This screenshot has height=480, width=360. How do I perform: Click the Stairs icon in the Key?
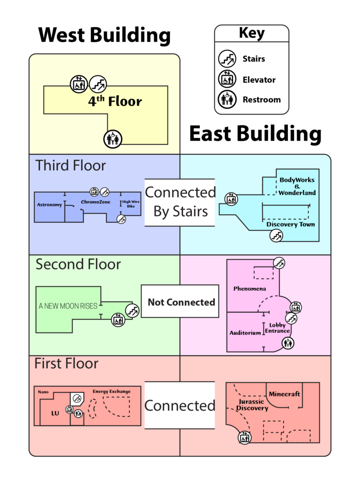pos(227,59)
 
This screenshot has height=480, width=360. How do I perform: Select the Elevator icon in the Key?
pos(227,79)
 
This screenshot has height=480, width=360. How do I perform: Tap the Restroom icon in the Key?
pos(227,99)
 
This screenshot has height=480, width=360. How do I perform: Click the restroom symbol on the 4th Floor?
pos(112,138)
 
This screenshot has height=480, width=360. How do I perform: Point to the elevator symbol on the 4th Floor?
pos(79,84)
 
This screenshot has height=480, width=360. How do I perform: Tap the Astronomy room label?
pos(50,205)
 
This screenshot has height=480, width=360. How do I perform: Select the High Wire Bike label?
pos(131,204)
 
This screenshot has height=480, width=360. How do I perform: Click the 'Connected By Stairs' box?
pos(180,202)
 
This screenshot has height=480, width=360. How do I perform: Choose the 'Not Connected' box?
pos(180,302)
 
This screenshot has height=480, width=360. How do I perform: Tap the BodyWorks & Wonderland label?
pos(297,186)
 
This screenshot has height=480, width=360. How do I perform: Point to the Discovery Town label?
pos(291,225)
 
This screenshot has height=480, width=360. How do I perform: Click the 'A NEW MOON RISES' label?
pos(68,306)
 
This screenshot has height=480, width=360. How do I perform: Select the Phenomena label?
pos(250,289)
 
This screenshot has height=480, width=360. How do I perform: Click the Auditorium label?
pos(245,333)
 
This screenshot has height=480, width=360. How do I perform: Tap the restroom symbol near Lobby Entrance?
pos(288,343)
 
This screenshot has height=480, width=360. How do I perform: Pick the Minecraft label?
pos(285,394)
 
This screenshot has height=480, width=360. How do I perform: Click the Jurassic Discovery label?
pos(252,405)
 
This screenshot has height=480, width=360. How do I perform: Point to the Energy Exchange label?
pos(112,391)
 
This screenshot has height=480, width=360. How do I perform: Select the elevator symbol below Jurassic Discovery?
pos(244,438)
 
